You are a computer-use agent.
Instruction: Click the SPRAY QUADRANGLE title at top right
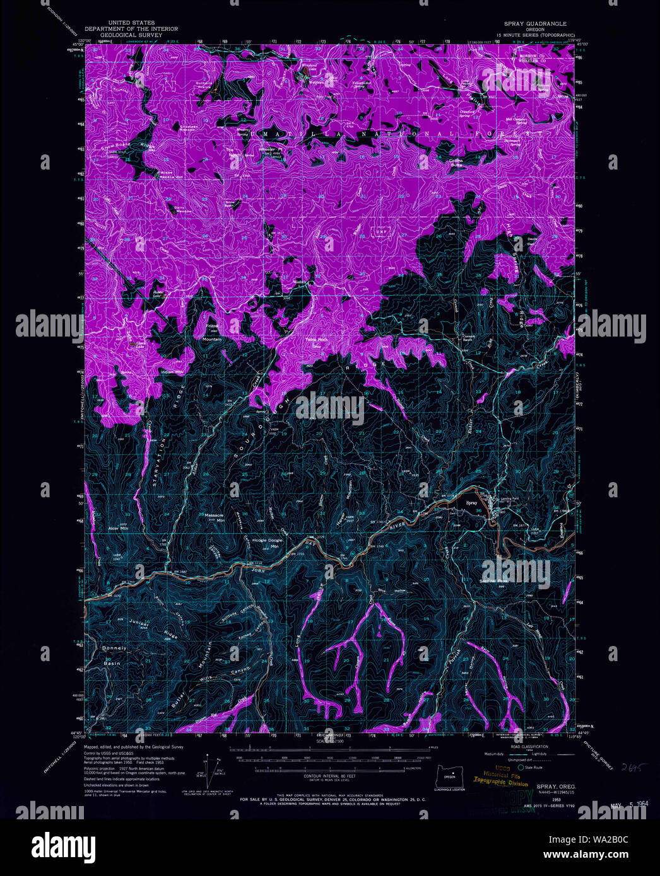pos(534,23)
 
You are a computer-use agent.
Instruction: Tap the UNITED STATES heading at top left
pos(131,23)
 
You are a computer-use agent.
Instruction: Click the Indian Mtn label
pos(171,372)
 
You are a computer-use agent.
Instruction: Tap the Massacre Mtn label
pos(215,517)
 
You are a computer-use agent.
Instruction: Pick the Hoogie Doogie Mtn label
pos(268,543)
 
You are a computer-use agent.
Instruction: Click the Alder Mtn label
pos(118,528)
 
